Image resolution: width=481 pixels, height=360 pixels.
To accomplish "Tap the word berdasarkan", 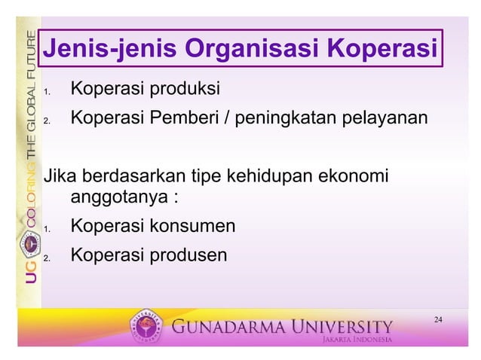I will (x=130, y=178).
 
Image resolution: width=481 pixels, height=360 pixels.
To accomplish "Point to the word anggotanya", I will (x=120, y=199).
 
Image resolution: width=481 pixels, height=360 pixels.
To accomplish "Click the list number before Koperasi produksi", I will (x=46, y=93).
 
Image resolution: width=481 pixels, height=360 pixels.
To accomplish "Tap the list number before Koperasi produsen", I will (x=46, y=259).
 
